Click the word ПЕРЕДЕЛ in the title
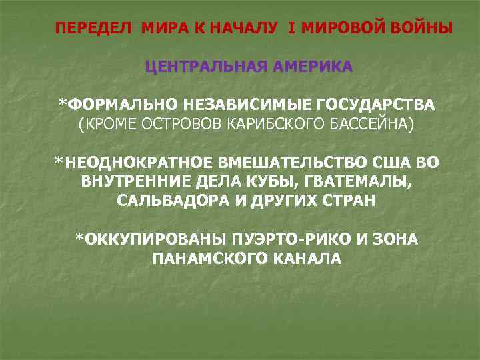93,29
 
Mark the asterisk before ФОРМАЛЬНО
62,104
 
